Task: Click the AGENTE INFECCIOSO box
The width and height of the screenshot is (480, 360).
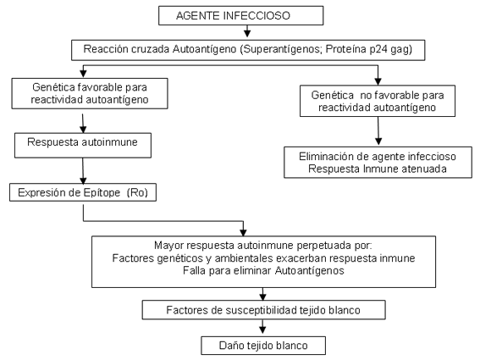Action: coord(241,15)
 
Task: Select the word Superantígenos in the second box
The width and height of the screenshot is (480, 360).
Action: coord(280,49)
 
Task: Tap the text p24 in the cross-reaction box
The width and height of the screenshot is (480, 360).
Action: coord(378,49)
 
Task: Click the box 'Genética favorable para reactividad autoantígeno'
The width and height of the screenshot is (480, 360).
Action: coord(90,93)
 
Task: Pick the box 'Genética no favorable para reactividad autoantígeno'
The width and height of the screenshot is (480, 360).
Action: coord(378,101)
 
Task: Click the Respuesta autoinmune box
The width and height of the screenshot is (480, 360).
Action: coord(83,145)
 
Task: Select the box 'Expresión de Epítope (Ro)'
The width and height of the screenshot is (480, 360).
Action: coord(83,192)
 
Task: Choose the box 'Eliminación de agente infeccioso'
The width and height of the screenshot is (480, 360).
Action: coord(378,163)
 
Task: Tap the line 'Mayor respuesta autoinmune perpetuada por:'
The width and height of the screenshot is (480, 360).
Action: coord(263,246)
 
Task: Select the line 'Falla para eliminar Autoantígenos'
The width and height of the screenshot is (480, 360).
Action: coord(263,271)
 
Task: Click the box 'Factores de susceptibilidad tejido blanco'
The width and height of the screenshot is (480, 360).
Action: coord(263,310)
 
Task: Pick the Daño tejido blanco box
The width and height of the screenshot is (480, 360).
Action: coord(263,346)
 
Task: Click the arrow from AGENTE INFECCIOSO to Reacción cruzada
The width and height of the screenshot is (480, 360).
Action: coord(247,31)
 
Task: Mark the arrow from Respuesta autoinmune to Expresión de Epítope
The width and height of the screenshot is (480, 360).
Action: coord(83,171)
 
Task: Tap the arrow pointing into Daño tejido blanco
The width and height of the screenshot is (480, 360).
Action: coord(262,327)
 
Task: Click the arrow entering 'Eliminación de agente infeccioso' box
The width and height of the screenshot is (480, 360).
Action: coord(378,130)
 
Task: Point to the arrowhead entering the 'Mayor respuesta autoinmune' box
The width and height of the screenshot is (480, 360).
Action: coord(243,233)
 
